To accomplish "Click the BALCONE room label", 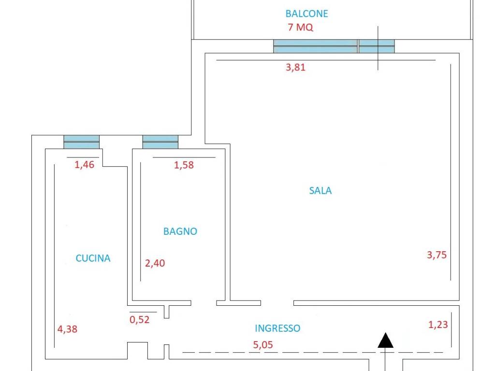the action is coord(306,14).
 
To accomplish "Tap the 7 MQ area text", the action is coord(300,27).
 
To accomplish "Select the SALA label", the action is coord(320,190).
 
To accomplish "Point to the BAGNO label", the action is coord(180,231).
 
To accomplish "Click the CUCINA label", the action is coord(93,258).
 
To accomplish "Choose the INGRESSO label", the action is coord(277,328).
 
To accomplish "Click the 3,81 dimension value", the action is coord(295,67).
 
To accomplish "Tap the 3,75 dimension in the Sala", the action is coord(437,255).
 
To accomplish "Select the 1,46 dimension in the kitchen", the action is coord(84,164).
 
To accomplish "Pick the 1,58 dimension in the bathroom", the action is coord(184,165).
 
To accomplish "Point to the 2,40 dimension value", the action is coord(155,263).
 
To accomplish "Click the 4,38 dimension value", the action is coord(67,329).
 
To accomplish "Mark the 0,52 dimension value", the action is coord(139,320).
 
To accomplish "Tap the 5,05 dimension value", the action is coord(263,344).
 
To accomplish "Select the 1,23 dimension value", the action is coord(438,324).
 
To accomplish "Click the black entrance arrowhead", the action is coord(385,341).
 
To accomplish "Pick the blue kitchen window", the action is coord(81,142).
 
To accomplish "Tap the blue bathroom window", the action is coord(160,142).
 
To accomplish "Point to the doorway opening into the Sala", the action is coord(277,303).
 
